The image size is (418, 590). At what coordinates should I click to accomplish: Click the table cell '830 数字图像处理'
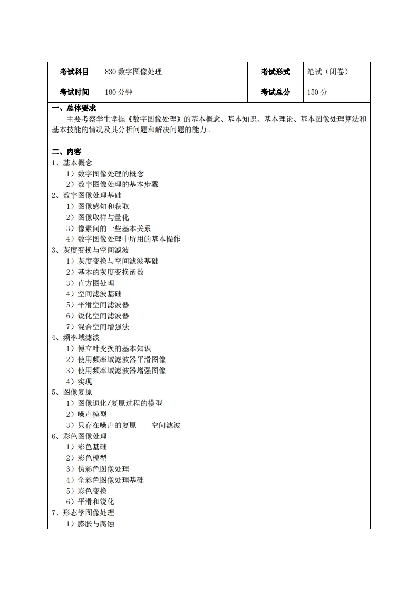(x=133, y=72)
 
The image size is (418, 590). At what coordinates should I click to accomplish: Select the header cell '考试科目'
(x=74, y=72)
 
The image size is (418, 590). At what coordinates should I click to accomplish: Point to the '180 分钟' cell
(x=119, y=92)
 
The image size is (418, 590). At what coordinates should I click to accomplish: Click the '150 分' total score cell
(x=317, y=92)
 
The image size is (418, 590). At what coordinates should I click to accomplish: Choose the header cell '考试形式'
(x=275, y=72)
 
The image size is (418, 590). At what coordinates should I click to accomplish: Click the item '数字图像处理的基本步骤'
(x=118, y=184)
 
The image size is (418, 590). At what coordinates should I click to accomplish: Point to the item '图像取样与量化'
(x=103, y=217)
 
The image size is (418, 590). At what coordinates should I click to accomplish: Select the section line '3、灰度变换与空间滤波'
(x=90, y=250)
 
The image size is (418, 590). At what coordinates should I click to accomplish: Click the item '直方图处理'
(x=95, y=283)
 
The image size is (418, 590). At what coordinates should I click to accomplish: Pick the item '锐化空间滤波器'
(x=103, y=316)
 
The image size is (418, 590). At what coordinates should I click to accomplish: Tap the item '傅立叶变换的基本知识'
(x=114, y=348)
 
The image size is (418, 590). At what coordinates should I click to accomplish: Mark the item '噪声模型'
(x=92, y=414)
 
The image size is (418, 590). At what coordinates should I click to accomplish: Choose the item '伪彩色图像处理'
(x=103, y=469)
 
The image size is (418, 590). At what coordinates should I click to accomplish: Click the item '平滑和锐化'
(x=95, y=502)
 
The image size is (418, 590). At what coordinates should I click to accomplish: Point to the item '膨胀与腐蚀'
(x=95, y=524)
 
